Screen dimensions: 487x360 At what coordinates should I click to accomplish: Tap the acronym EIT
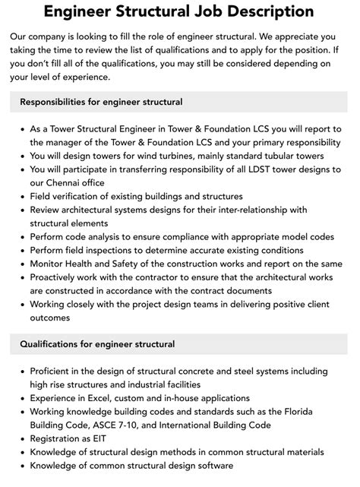coord(98,438)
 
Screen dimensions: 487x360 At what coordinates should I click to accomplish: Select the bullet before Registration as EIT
coord(20,438)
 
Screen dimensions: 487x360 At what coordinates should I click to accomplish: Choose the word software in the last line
coord(212,466)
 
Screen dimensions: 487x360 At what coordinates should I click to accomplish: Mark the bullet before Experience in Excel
coord(20,397)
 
